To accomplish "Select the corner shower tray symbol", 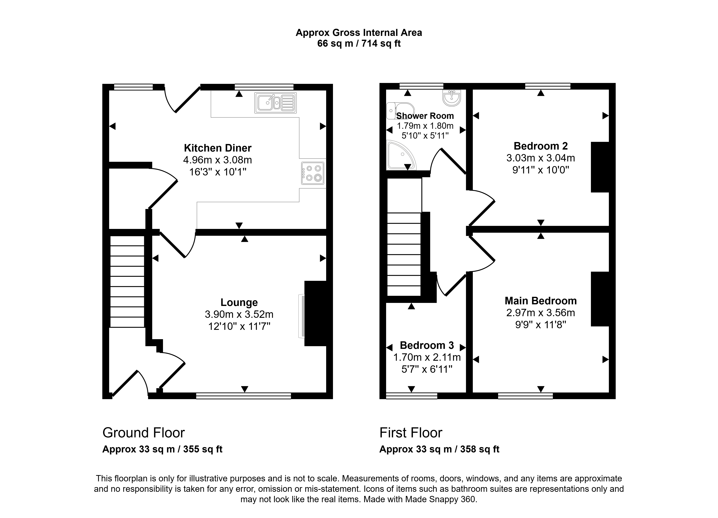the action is coord(401,155).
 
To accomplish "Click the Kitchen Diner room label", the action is coord(218,148).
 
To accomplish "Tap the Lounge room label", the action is coord(239,302).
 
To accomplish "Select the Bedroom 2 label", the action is coord(541,146).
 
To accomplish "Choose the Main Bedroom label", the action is coord(541,301).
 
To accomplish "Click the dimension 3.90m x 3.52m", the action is coord(239,314).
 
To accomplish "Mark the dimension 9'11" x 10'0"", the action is coord(541,170).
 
